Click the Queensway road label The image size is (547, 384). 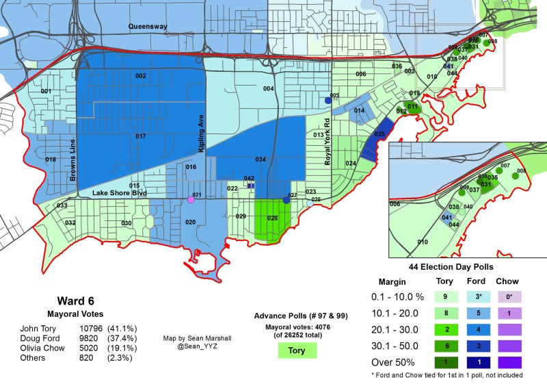click(149, 27)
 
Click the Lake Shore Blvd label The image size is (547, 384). click(120, 194)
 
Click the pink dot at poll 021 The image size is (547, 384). click(191, 200)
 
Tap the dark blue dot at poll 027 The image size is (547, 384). click(286, 200)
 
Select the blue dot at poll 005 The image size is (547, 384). click(328, 100)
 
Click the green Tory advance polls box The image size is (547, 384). click(296, 350)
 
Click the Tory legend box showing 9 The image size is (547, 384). click(446, 296)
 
